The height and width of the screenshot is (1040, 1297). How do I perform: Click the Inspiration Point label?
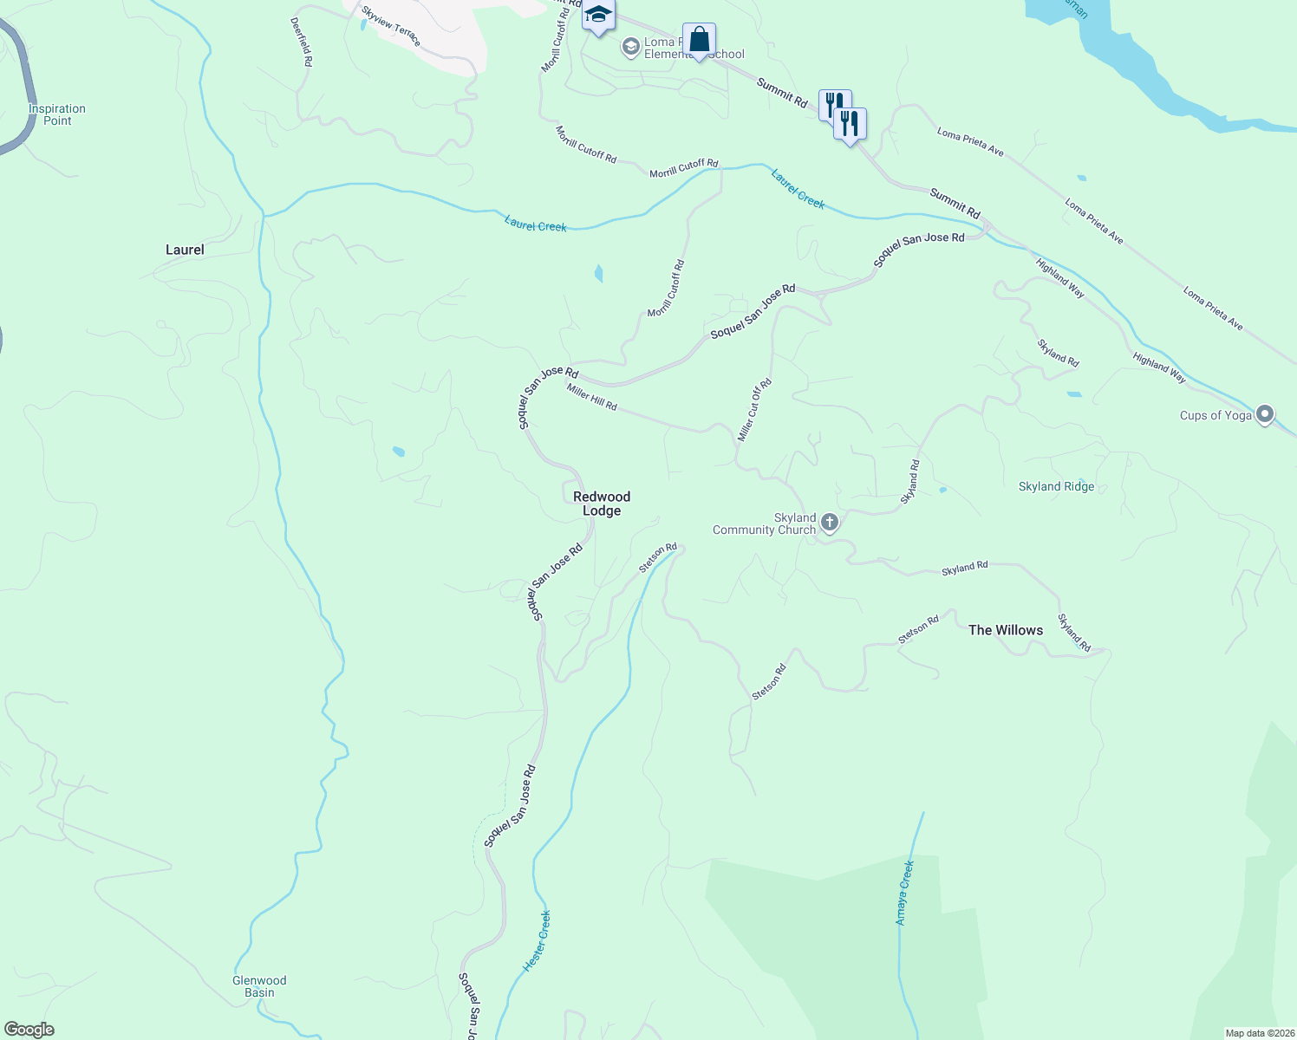point(57,114)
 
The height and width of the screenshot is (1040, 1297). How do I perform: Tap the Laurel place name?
point(185,250)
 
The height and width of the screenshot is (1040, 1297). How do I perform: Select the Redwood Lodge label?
point(602,504)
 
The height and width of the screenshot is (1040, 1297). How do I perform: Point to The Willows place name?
point(1006,630)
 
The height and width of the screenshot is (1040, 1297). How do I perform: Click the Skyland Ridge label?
point(1056,486)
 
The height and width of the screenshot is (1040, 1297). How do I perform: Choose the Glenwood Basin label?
point(259,986)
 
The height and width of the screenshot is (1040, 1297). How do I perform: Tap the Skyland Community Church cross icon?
point(830,522)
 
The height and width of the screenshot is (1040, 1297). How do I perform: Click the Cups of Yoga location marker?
point(1265,415)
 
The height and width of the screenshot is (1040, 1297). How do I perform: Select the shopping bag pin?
point(699,40)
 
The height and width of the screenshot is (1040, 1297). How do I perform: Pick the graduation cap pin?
point(598,16)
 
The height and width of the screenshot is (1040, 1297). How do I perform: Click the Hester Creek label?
point(537,940)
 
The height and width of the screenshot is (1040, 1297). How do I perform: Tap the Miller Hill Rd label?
point(592,398)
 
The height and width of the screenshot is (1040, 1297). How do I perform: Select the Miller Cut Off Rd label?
point(754,410)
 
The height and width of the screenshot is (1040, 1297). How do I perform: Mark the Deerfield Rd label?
point(301,42)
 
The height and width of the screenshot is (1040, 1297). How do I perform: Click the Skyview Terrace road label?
point(391,25)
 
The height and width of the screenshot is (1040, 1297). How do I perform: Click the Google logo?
point(29,1030)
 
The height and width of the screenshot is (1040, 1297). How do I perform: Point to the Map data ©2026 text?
point(1258,1033)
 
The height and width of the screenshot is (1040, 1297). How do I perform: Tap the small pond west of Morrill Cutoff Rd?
point(598,274)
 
